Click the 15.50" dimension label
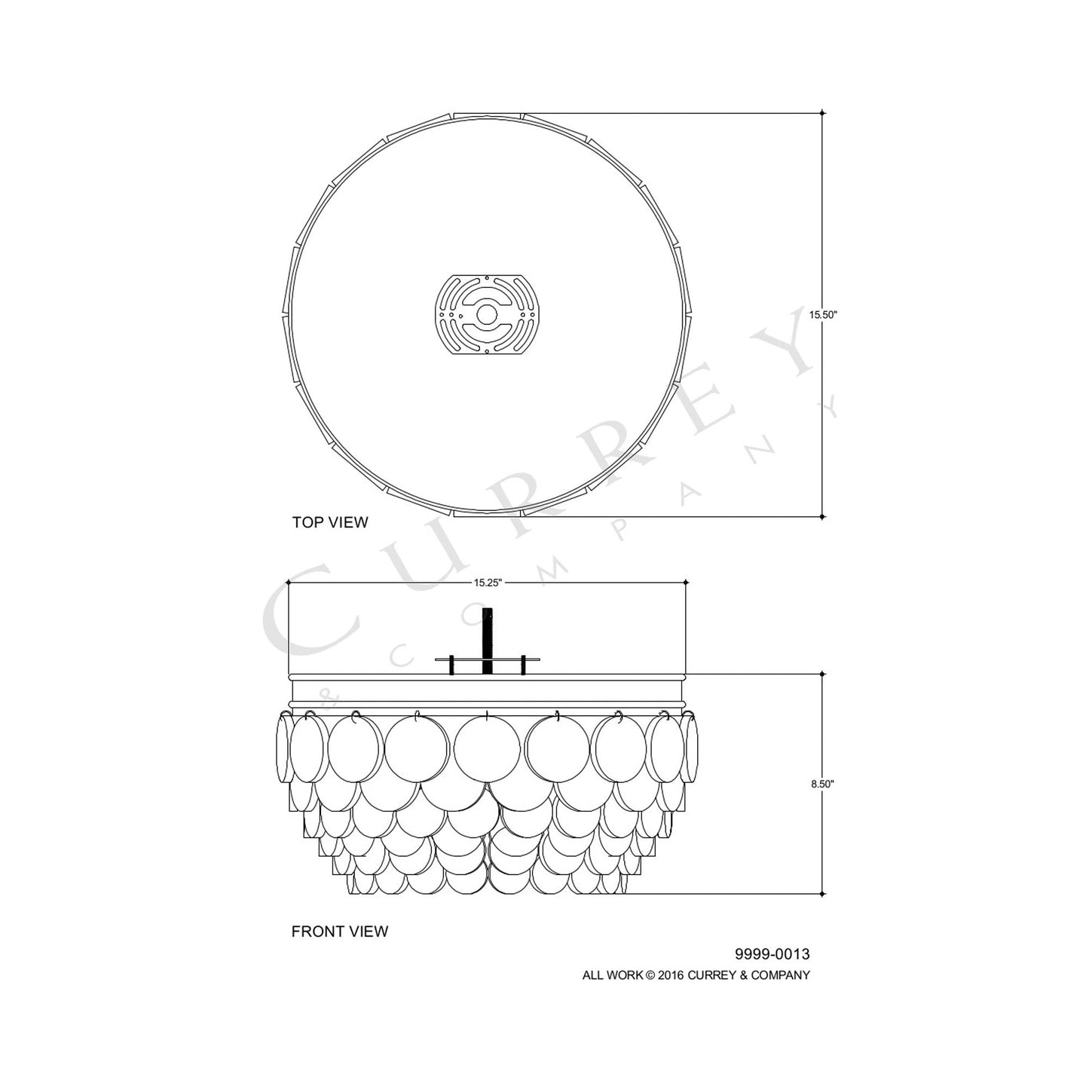[x=823, y=316]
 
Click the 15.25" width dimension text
[x=488, y=583]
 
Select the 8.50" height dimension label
[x=822, y=784]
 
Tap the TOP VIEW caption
[x=330, y=522]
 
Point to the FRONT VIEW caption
[x=340, y=931]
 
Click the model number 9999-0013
[x=772, y=955]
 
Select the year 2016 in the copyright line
[x=669, y=975]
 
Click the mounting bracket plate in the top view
[x=488, y=314]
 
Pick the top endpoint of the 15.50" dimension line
[x=822, y=113]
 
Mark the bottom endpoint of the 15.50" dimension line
[x=822, y=517]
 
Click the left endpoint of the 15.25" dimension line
[x=289, y=583]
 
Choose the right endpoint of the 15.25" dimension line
[x=686, y=583]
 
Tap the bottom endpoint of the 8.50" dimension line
[x=822, y=894]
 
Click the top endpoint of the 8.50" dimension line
[x=822, y=674]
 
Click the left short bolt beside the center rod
[x=451, y=664]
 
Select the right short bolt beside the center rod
[x=523, y=664]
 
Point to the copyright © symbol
[x=649, y=975]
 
